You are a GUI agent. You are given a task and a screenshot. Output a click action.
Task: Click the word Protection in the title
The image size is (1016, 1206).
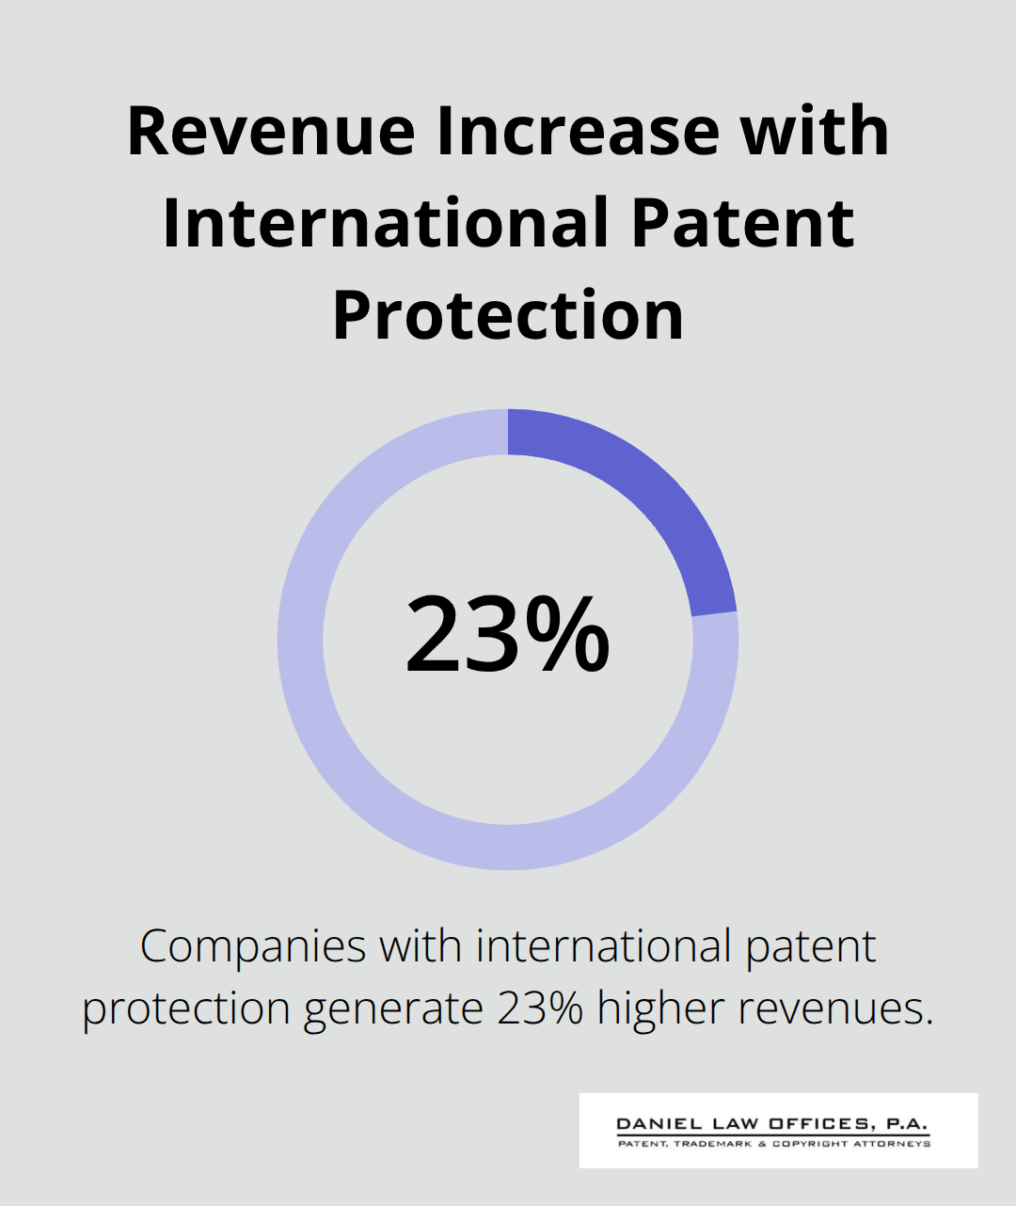pos(508,315)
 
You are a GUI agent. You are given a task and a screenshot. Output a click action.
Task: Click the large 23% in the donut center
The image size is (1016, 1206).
pos(508,635)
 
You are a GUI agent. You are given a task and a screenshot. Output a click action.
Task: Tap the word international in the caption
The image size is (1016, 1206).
pos(604,946)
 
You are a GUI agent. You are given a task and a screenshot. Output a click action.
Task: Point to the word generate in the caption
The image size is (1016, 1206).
pos(392,1008)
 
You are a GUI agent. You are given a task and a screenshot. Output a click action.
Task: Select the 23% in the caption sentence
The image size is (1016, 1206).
pos(540,1008)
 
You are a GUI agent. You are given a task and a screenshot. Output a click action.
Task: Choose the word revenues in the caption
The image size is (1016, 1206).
pos(835,1008)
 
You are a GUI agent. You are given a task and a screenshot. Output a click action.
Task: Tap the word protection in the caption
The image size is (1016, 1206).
pos(186,1008)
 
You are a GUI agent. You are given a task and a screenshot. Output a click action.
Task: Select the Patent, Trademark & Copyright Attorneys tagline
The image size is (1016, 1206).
pos(773,1144)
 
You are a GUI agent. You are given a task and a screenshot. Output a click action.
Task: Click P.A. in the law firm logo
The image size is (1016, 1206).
pos(906,1124)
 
